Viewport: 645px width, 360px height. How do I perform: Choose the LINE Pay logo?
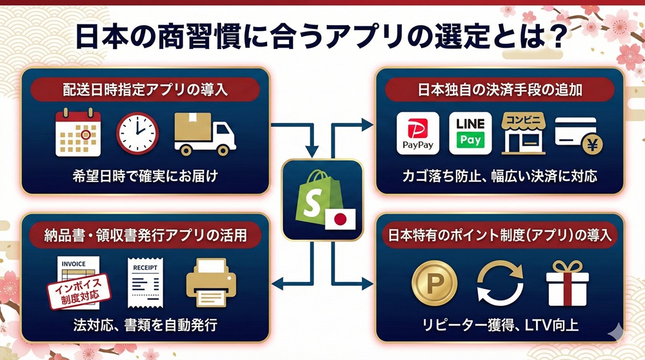pos(470,133)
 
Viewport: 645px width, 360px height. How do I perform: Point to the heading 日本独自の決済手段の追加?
pos(499,89)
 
